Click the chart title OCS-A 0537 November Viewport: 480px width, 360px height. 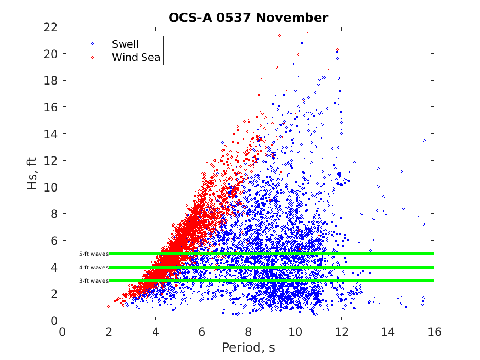(248, 18)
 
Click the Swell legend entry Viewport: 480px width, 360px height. (125, 44)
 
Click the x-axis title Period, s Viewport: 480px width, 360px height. (248, 348)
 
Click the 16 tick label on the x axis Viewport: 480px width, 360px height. (434, 331)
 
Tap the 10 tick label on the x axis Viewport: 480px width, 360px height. (295, 331)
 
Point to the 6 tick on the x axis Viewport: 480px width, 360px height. (202, 331)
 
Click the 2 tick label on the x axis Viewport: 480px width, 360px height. (109, 331)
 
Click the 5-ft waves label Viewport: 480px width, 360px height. (93, 254)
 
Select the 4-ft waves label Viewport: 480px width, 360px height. (93, 267)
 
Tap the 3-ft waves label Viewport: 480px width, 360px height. (93, 280)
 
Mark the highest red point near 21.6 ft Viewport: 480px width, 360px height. (306, 32)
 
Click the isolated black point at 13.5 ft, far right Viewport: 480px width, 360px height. (424, 140)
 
